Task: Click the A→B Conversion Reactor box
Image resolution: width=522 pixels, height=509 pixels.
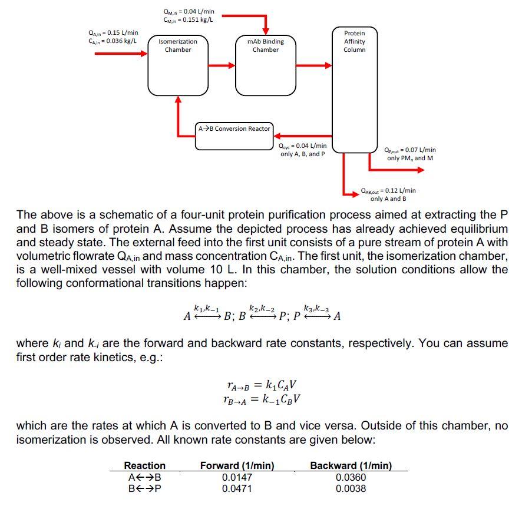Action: coord(234,135)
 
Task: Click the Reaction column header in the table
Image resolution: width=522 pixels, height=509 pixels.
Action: coord(145,465)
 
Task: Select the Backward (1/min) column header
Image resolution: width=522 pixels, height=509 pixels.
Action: coord(351,465)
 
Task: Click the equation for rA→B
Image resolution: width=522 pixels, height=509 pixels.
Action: coord(262,386)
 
